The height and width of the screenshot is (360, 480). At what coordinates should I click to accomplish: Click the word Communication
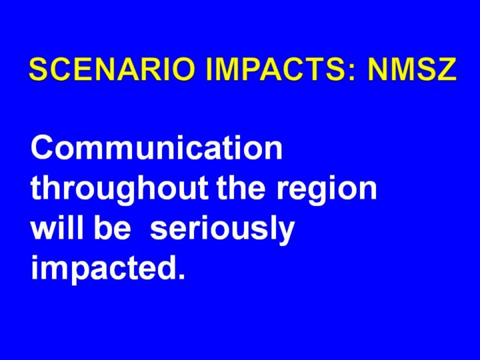click(156, 147)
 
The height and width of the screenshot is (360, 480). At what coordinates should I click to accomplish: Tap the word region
click(326, 190)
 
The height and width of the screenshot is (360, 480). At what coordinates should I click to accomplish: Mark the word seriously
click(222, 231)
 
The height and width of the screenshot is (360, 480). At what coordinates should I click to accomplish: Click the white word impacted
click(103, 270)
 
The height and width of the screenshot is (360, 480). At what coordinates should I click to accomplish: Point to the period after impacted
click(182, 275)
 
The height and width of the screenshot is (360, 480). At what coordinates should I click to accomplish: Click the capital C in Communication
click(42, 147)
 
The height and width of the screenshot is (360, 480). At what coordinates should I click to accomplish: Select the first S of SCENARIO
click(39, 69)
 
